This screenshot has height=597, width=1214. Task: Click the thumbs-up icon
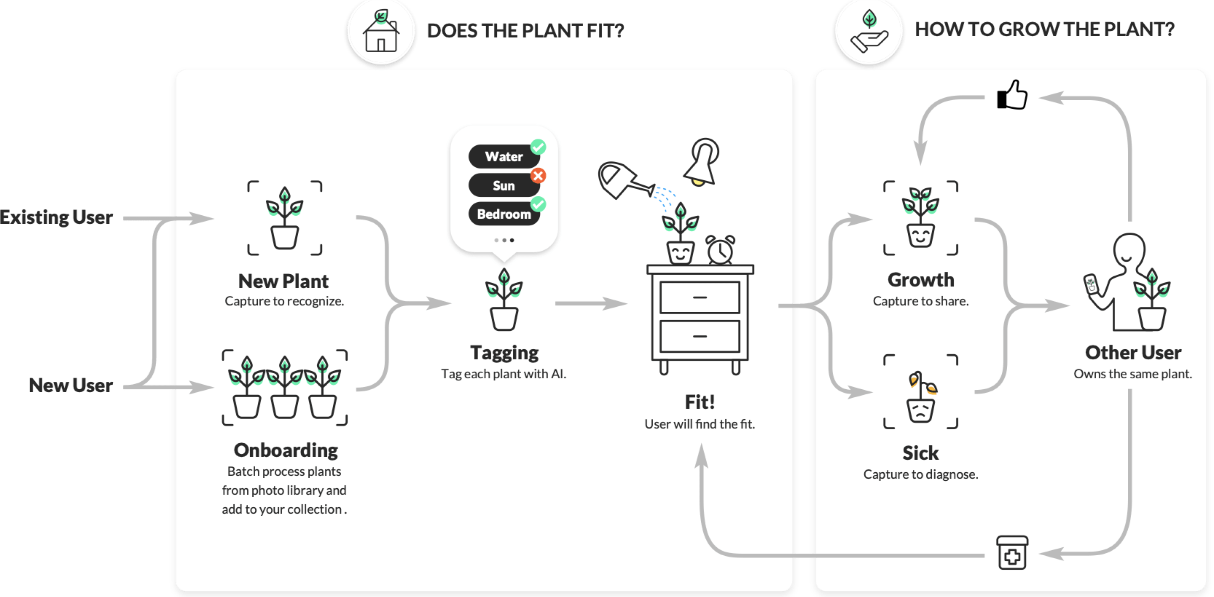click(1012, 95)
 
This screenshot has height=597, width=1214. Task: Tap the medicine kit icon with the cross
click(1012, 553)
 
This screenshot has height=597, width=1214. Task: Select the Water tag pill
click(503, 156)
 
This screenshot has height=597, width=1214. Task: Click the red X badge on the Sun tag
click(538, 176)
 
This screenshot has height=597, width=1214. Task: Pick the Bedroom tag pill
click(503, 214)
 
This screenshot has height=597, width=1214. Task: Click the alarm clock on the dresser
click(720, 250)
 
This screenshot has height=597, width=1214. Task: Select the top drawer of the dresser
click(699, 297)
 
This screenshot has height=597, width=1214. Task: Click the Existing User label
click(56, 218)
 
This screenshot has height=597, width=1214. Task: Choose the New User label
click(71, 386)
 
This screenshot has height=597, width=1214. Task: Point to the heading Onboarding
click(286, 450)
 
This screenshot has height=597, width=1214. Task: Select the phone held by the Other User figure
click(1090, 286)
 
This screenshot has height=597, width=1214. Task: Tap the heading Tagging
click(504, 353)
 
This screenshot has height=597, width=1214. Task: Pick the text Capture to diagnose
click(920, 474)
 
